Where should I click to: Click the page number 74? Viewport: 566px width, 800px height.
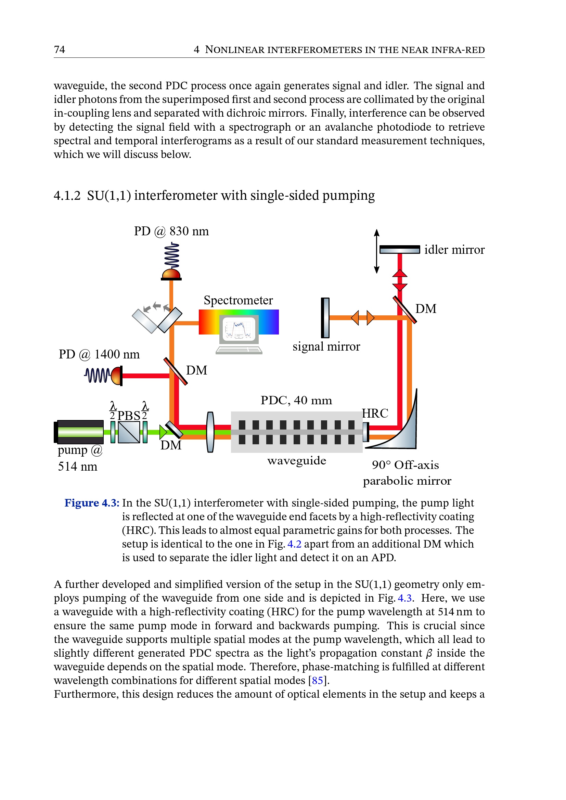59,50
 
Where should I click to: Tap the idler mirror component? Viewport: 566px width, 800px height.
399,249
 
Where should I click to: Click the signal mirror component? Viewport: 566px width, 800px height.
325,317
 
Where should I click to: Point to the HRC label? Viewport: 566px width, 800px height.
375,413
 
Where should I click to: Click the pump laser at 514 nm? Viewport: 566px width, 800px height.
79,432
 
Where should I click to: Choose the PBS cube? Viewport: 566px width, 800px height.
129,432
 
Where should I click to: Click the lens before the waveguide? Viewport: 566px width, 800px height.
210,432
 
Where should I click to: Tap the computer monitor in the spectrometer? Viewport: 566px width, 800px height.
239,329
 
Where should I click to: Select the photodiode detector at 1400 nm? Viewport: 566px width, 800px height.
117,376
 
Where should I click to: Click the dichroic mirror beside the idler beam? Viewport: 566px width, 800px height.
404,310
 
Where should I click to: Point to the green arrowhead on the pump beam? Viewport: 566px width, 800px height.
163,432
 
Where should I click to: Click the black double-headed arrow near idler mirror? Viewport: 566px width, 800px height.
376,251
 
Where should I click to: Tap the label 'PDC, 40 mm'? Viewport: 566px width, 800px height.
296,401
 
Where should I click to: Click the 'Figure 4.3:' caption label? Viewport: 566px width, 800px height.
92,503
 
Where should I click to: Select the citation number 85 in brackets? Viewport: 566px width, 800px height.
317,680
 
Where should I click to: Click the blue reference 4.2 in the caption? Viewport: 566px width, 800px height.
294,544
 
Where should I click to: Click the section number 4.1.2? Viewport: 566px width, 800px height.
67,196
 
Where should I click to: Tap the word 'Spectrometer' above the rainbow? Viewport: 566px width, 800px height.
238,300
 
